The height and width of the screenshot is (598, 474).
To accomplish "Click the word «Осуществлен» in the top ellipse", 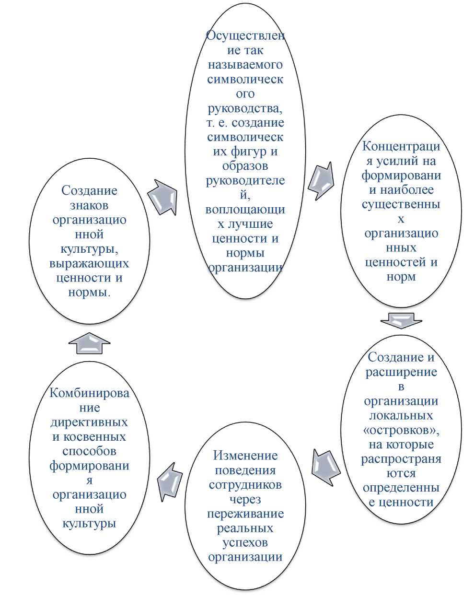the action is pos(245,36).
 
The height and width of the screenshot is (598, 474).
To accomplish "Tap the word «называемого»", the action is pos(245,65).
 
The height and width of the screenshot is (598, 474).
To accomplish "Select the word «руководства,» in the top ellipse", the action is pos(245,108).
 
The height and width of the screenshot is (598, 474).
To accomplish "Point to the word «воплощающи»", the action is pos(245,210).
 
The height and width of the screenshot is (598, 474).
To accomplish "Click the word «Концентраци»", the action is pos(401,147).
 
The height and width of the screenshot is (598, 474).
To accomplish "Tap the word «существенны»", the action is pos(401,204).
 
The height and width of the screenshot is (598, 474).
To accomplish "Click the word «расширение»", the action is pos(401,372).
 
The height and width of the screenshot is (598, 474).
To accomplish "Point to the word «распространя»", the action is pos(401,459).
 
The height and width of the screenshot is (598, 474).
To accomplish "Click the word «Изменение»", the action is pos(245,456).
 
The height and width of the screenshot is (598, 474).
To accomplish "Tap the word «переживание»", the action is pos(245,514).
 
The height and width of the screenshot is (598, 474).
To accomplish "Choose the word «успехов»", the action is pos(245,543).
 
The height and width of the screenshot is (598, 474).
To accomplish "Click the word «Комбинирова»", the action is pos(90,393).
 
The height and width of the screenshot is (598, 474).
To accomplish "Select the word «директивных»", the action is pos(90,422).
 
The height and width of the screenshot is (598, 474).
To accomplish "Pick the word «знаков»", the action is pos(90,205).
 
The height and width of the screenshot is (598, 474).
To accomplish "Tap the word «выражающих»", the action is pos(90,263).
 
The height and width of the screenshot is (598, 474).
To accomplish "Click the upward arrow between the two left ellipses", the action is pos(90,343).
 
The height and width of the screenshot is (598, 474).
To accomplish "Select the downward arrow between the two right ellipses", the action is pos(401,321).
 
